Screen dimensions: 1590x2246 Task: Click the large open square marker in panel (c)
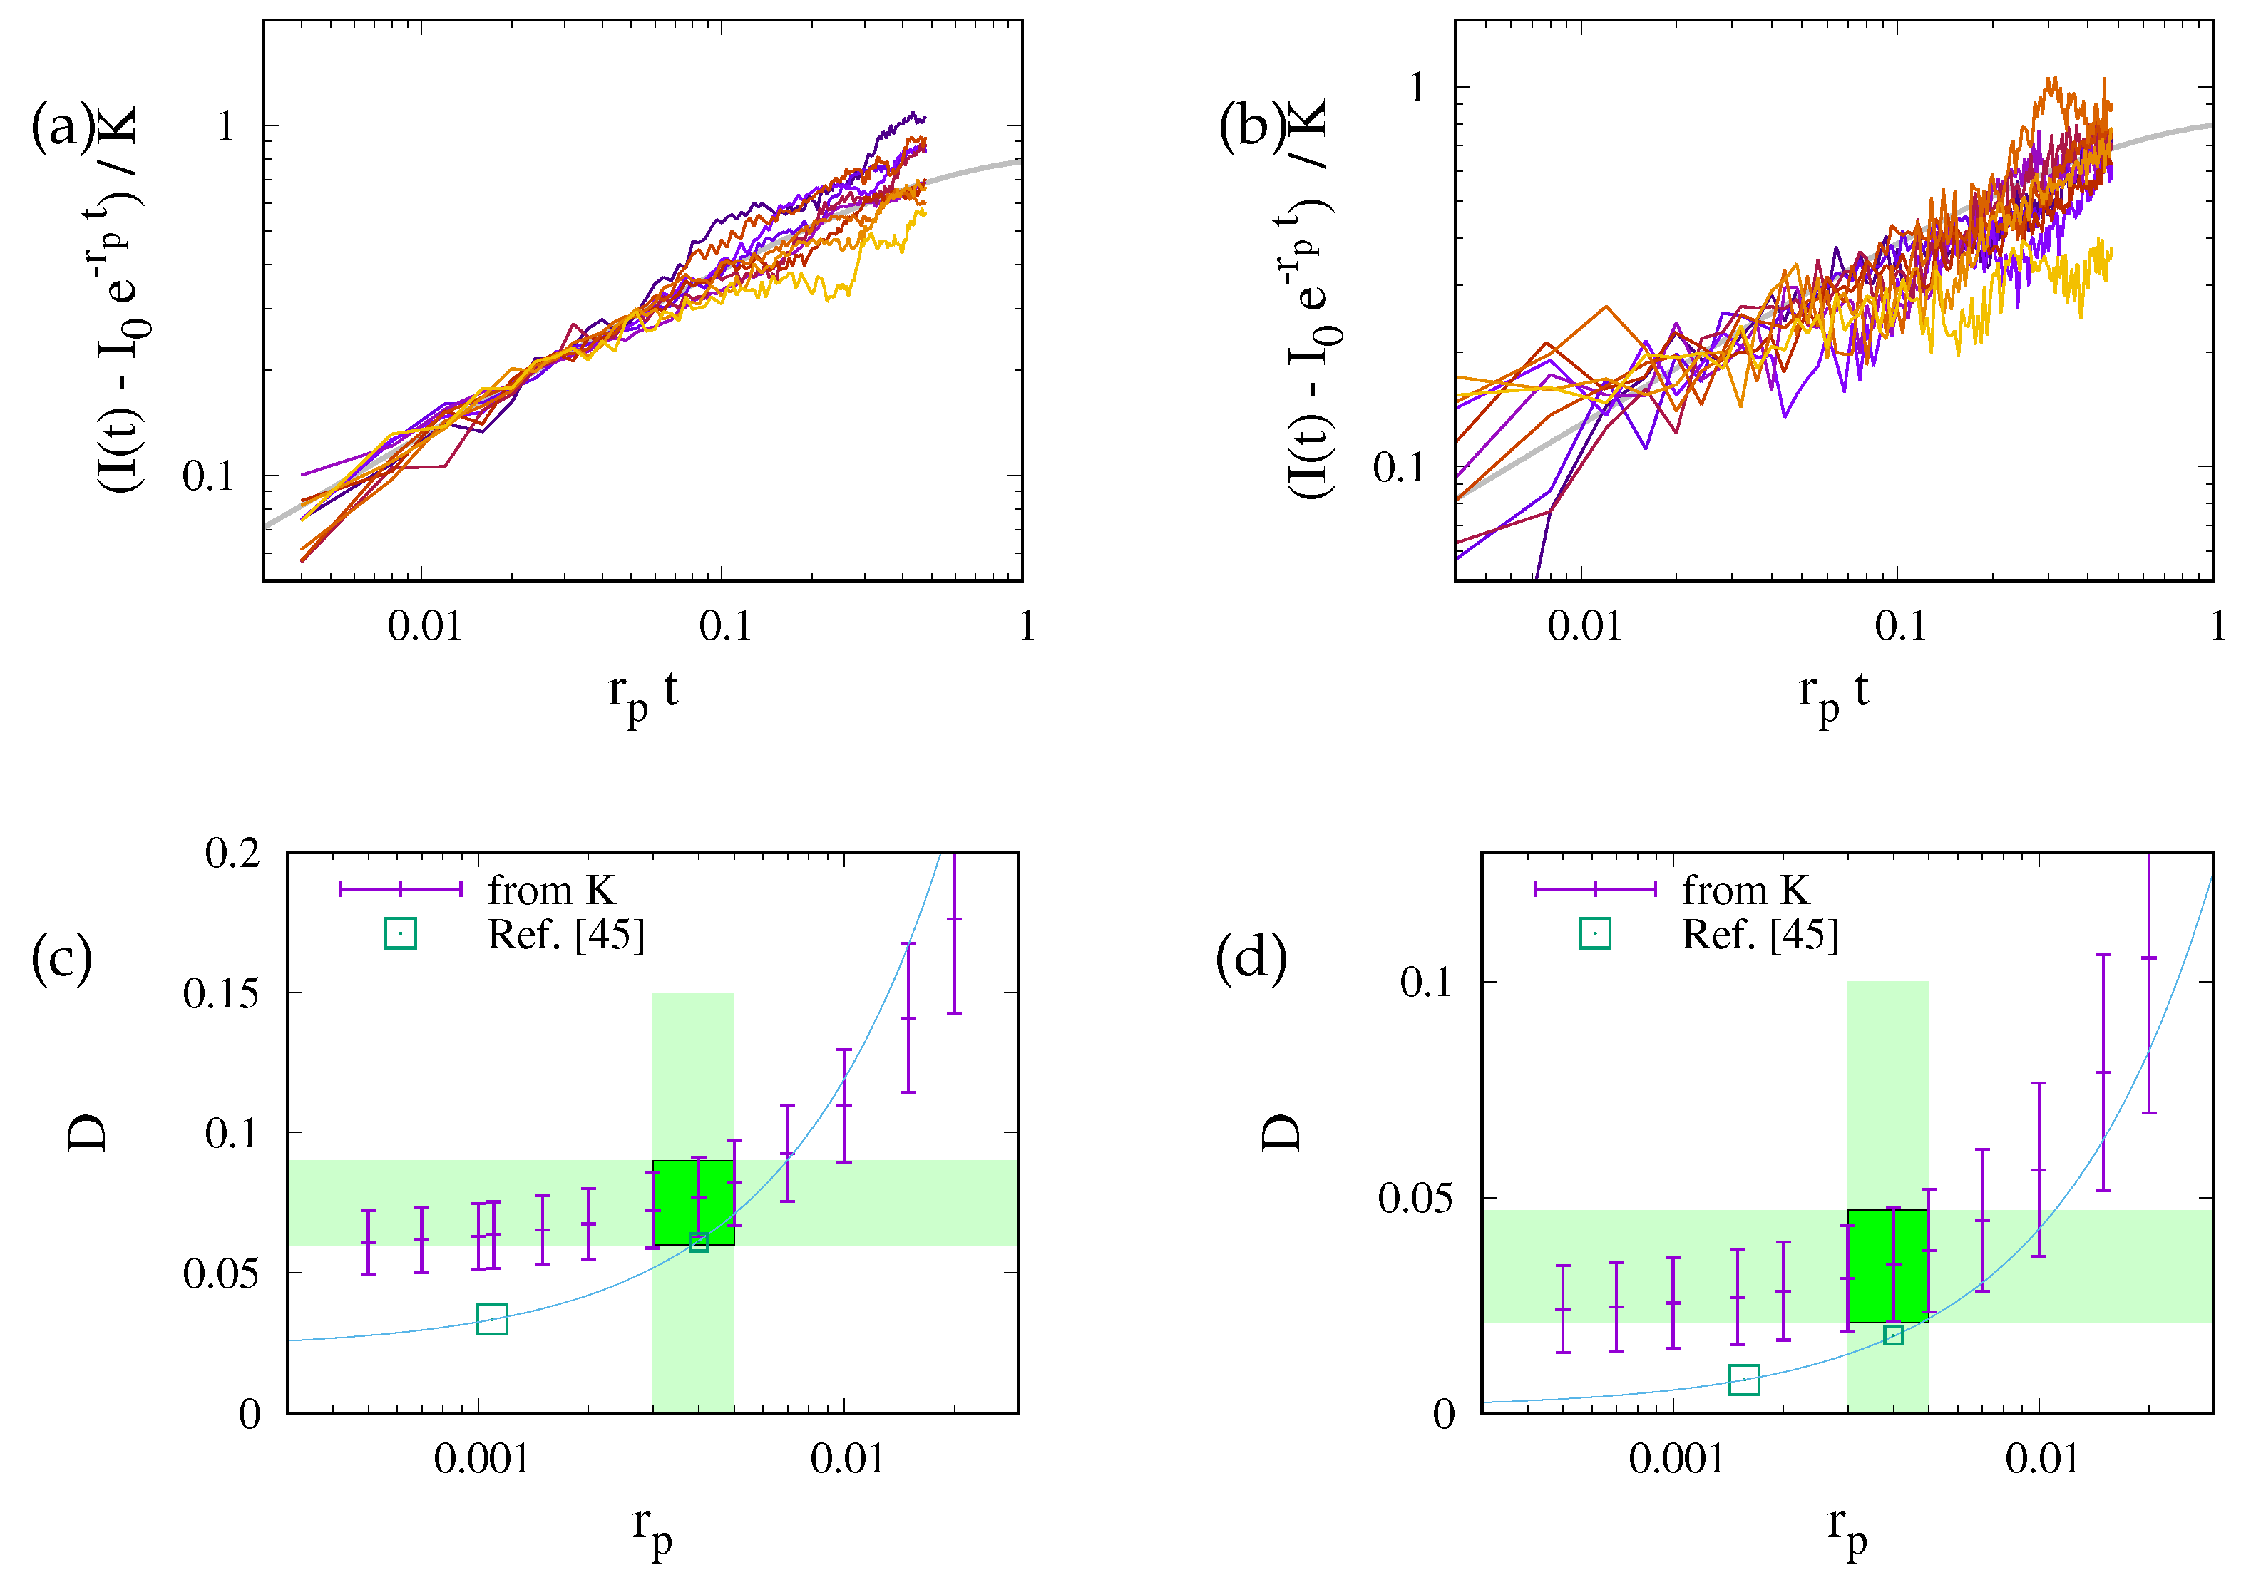pyautogui.click(x=491, y=1320)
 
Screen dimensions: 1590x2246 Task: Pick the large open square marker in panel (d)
pyautogui.click(x=1744, y=1380)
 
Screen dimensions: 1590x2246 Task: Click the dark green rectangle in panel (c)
pyautogui.click(x=693, y=1202)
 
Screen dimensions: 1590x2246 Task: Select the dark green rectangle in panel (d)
pyautogui.click(x=1887, y=1266)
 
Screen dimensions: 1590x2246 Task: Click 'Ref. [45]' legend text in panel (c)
pyautogui.click(x=566, y=935)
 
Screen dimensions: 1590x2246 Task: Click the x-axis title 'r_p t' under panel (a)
pyautogui.click(x=642, y=693)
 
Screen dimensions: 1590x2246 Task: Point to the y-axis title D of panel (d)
pyautogui.click(x=1280, y=1133)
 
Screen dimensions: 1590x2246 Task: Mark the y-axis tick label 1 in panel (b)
pyautogui.click(x=1417, y=88)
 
